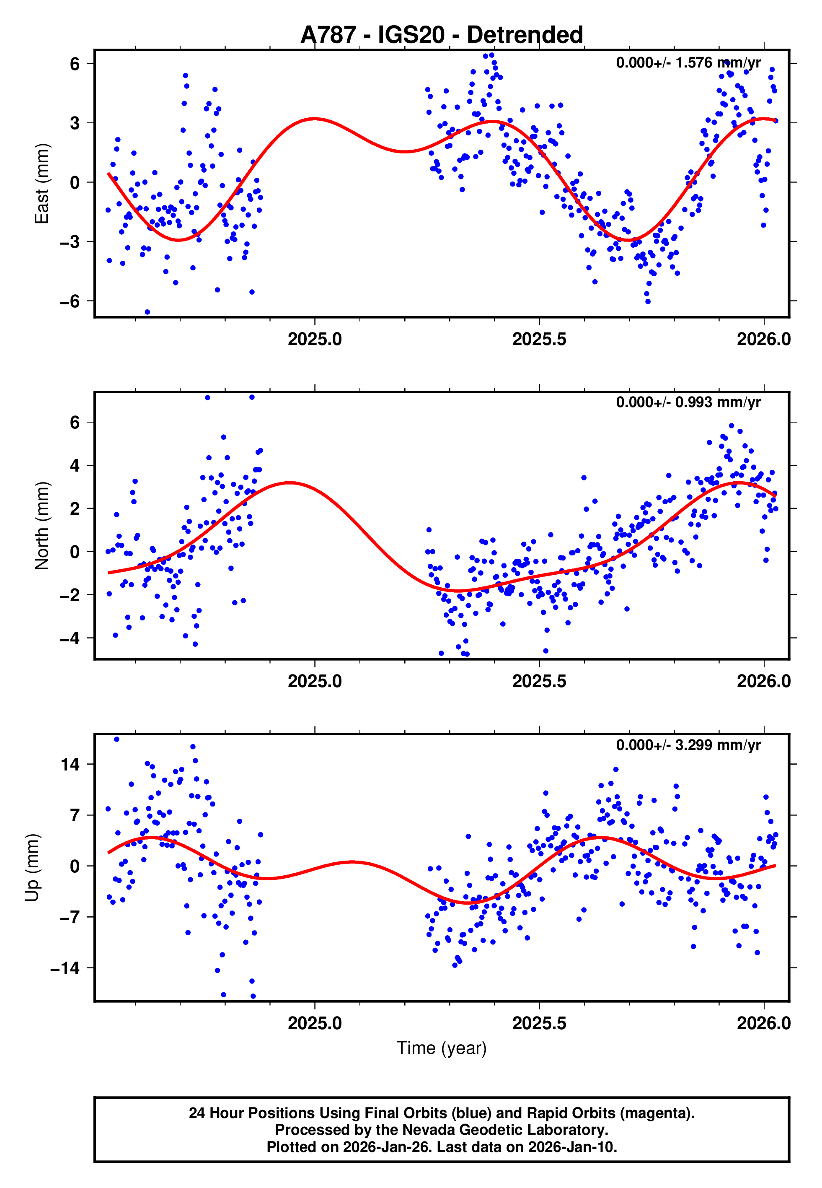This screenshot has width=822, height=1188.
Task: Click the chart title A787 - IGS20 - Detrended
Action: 442,35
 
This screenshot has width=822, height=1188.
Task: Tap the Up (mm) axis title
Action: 32,868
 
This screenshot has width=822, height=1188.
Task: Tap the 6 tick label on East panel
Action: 75,64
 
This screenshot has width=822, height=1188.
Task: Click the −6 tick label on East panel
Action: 70,301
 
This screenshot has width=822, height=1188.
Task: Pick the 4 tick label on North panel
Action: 75,466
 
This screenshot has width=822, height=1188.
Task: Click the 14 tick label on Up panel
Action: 70,765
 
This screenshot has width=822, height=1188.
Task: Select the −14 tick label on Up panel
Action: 65,968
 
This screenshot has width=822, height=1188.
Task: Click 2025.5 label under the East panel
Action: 539,340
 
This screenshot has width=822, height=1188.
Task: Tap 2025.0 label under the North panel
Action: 314,681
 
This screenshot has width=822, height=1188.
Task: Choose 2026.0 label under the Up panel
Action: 763,1023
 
